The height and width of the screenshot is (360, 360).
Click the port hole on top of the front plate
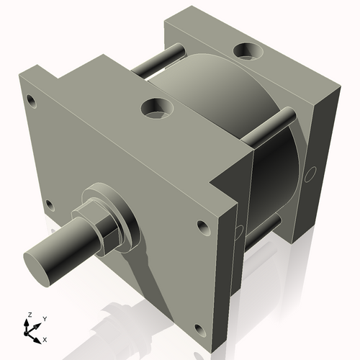coord(157,109)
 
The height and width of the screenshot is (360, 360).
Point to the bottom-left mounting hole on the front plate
coord(49,204)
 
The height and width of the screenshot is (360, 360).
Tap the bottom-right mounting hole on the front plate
coord(199,331)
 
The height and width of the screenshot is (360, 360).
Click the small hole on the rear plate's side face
coord(311,174)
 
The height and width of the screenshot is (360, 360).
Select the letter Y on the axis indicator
coord(44,318)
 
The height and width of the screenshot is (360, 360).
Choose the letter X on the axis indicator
coord(45,338)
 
